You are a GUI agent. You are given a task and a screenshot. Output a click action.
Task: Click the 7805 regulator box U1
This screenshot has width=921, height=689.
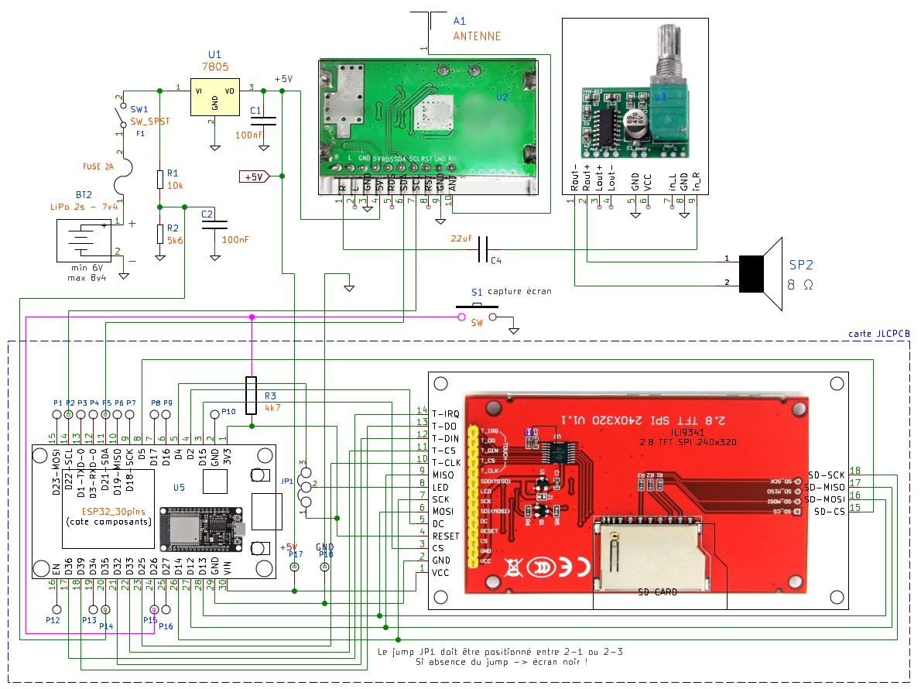click(214, 98)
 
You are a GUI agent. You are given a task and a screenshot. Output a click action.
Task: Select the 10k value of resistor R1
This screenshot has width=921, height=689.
click(173, 187)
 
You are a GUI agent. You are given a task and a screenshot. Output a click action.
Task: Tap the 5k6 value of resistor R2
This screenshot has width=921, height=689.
click(174, 241)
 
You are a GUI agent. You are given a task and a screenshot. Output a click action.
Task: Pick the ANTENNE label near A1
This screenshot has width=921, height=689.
click(476, 36)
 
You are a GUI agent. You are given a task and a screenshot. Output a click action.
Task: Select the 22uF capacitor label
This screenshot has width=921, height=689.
click(461, 239)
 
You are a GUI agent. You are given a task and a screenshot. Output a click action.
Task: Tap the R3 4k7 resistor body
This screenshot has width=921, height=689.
click(251, 396)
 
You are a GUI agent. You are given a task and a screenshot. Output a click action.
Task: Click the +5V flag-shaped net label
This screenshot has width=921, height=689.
click(253, 177)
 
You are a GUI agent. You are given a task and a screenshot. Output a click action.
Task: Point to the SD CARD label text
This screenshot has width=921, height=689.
click(657, 592)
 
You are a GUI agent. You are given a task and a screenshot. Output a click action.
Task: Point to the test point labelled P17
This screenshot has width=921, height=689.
click(294, 567)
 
